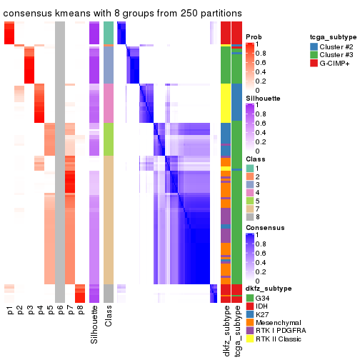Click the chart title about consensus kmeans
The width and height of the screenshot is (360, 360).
pyautogui.click(x=122, y=14)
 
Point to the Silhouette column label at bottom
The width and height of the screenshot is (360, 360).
pyautogui.click(x=94, y=325)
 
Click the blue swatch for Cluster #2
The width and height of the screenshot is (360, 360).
pyautogui.click(x=314, y=46)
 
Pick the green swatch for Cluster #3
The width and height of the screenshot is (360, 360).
pyautogui.click(x=314, y=55)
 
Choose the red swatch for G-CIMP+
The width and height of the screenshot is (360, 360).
pyautogui.click(x=314, y=64)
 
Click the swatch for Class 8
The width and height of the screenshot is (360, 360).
pyautogui.click(x=249, y=216)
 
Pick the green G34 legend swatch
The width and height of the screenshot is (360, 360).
pyautogui.click(x=249, y=296)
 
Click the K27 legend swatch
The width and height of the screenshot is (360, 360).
pyautogui.click(x=249, y=313)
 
